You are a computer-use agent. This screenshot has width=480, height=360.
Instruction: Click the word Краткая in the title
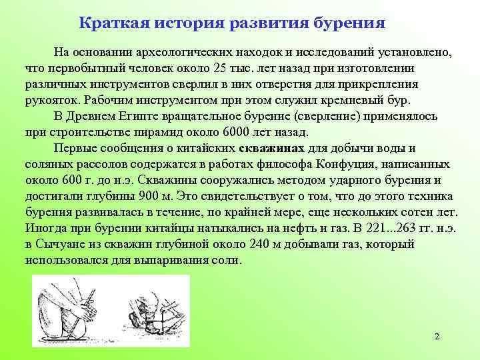pyautogui.click(x=114, y=23)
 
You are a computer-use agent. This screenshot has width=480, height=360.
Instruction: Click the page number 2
pyautogui.click(x=437, y=337)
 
